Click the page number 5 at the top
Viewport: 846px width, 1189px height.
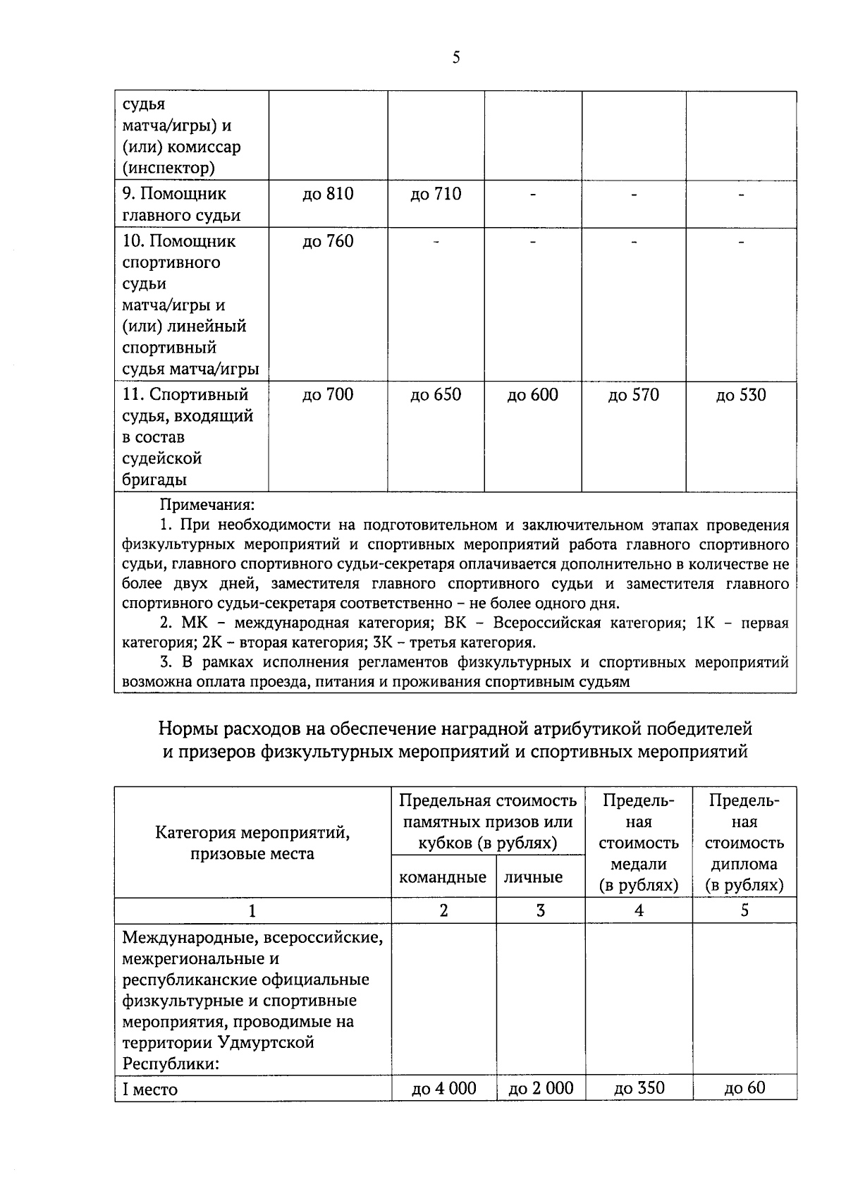tap(456, 58)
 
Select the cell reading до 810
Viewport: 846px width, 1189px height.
tap(328, 194)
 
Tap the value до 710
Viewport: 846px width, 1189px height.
tap(436, 194)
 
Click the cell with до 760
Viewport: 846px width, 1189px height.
tap(328, 241)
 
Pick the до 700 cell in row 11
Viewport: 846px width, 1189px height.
tap(328, 395)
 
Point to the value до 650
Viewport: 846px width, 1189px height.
tap(436, 395)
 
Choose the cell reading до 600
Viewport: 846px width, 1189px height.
tap(532, 395)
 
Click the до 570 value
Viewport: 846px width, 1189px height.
tap(633, 395)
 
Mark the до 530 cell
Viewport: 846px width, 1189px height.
tap(741, 395)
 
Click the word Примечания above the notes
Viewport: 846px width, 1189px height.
tap(207, 505)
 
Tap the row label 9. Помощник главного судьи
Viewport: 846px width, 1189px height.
tap(180, 205)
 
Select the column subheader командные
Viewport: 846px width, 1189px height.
tap(443, 877)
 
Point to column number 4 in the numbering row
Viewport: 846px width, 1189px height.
tap(639, 910)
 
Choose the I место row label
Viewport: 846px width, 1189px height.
tap(150, 1089)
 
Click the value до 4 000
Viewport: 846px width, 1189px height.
tap(443, 1089)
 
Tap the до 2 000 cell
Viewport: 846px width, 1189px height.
tap(541, 1089)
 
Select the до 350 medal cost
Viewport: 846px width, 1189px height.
tap(639, 1088)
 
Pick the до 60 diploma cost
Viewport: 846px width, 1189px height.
tap(744, 1088)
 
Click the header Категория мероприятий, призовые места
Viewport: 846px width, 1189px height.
tap(252, 843)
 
